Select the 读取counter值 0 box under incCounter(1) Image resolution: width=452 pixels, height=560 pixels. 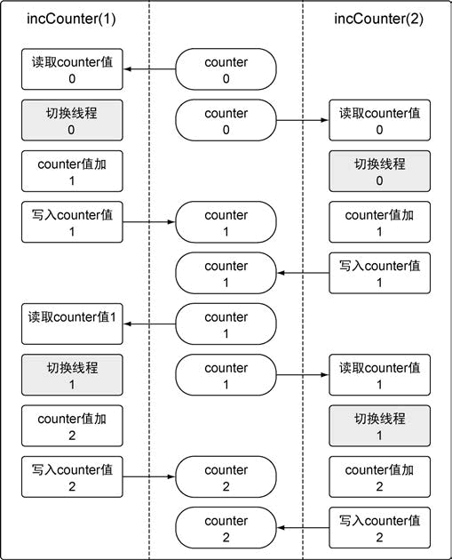[72, 69]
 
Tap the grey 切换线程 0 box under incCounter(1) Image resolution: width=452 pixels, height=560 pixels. [72, 121]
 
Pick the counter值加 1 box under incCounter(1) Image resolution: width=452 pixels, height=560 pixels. [72, 172]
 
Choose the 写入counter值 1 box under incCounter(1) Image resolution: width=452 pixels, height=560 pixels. [72, 222]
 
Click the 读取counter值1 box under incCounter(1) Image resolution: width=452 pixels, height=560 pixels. [72, 324]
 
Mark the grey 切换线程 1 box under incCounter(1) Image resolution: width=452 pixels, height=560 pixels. [72, 374]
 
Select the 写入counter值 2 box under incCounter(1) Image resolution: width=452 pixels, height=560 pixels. [72, 476]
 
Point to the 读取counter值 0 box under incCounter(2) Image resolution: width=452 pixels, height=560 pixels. [379, 121]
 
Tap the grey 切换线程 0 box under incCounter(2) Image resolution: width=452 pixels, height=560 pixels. [379, 172]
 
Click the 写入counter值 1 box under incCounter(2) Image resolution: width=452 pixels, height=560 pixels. [379, 272]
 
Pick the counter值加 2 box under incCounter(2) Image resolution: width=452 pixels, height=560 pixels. [379, 476]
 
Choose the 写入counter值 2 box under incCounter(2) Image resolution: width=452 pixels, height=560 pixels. [379, 527]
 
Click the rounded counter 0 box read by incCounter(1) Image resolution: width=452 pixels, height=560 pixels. [226, 69]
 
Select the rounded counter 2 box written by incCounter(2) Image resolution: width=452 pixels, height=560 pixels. [226, 527]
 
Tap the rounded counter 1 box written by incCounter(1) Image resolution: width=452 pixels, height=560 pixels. [226, 222]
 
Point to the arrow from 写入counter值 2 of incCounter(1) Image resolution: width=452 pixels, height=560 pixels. [148, 476]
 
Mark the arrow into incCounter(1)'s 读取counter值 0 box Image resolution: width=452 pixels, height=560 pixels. [148, 69]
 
